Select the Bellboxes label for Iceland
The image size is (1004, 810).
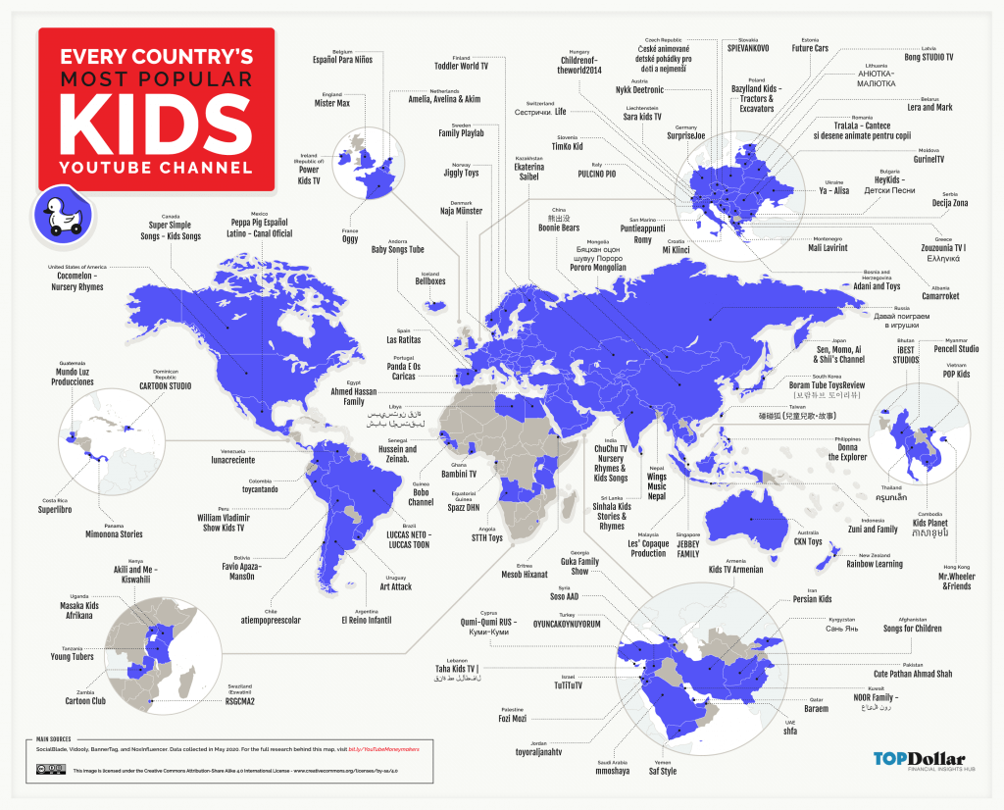pyautogui.click(x=429, y=280)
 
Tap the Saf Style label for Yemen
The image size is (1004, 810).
pyautogui.click(x=662, y=771)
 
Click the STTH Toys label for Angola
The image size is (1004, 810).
pyautogui.click(x=486, y=537)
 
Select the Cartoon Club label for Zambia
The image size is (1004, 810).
pyautogui.click(x=85, y=701)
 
